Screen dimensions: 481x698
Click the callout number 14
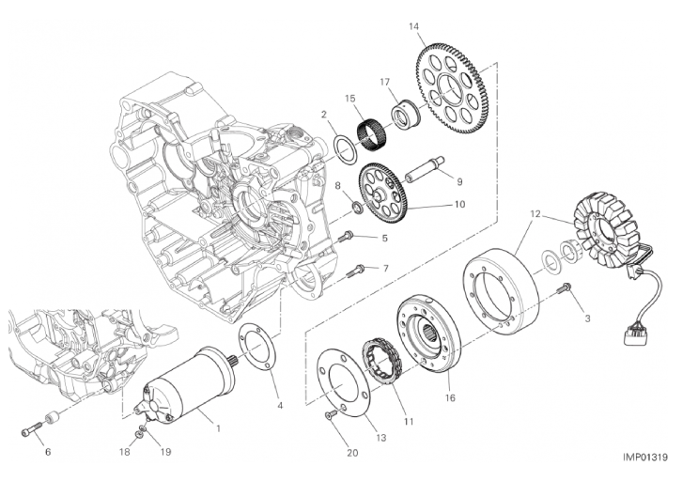pos(414,26)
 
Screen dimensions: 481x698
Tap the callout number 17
pos(384,82)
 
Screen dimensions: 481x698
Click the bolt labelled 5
pos(347,234)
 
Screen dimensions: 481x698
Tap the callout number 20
pos(351,454)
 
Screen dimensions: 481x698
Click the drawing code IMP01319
pos(644,458)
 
